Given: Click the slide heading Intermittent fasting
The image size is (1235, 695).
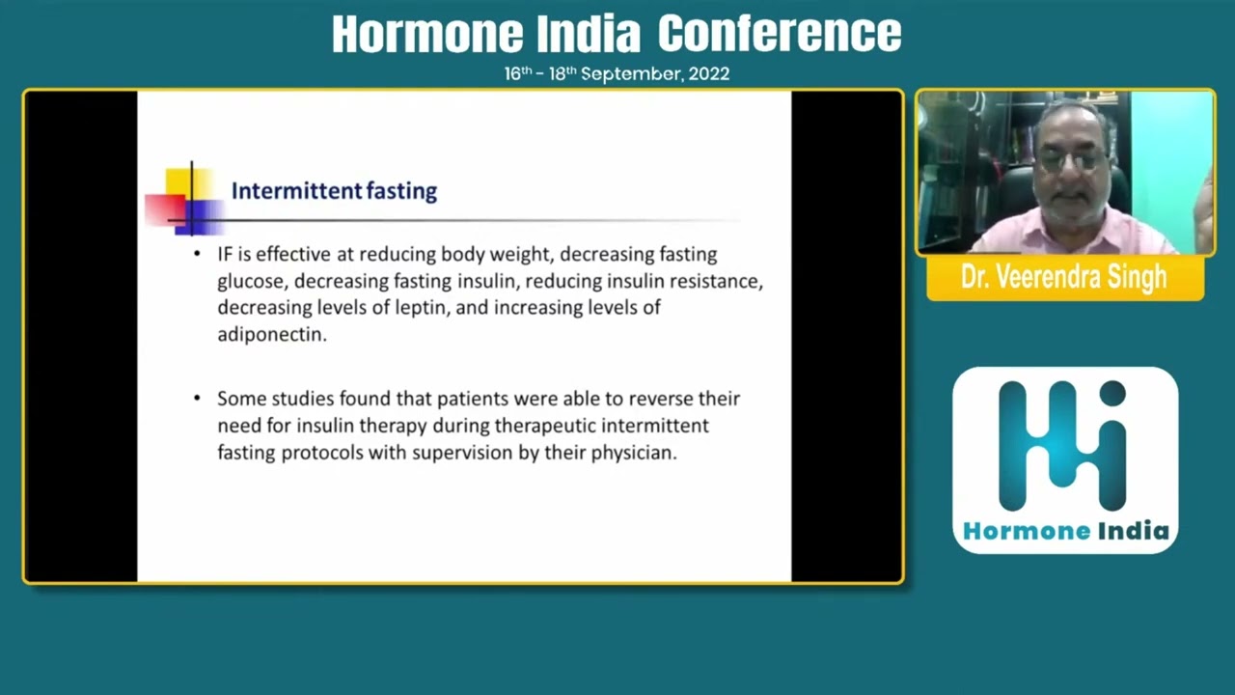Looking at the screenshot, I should pos(334,191).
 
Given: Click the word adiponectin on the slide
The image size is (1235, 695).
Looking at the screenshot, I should pos(271,335).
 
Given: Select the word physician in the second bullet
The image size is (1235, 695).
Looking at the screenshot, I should pos(632,453).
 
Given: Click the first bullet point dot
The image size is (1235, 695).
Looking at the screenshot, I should pos(197,255).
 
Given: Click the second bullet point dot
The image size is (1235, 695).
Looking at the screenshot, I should pos(197,399).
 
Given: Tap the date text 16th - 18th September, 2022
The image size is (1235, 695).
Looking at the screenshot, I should pos(617,73).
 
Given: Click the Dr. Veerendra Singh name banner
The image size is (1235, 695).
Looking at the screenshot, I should pos(1064,278).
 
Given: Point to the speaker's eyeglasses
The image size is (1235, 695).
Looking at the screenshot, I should pos(1073,161).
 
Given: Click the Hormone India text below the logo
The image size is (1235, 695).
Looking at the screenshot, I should pos(1065,531).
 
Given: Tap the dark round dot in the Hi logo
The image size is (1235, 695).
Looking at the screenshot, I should pos(1112,393).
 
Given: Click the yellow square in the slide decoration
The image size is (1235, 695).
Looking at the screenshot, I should pos(178,181).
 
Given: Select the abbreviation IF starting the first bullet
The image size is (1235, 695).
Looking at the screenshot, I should pos(225,255).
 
